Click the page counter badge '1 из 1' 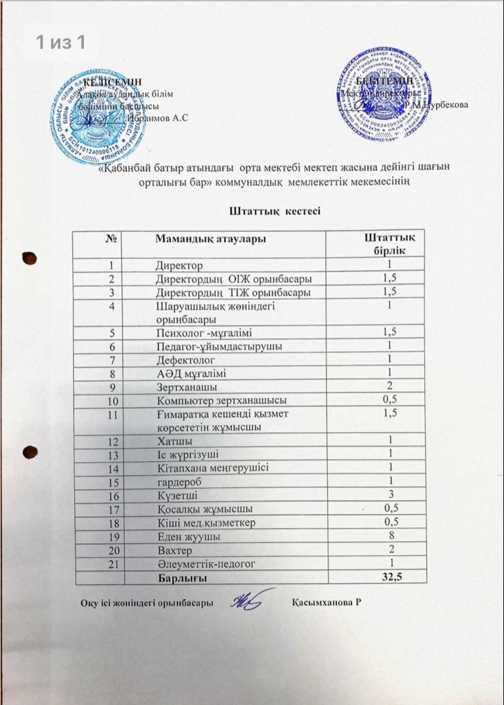[59, 42]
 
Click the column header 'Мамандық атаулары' [210, 239]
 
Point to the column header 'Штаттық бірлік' [389, 244]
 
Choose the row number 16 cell [111, 495]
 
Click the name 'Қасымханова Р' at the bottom [326, 602]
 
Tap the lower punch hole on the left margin [27, 453]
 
